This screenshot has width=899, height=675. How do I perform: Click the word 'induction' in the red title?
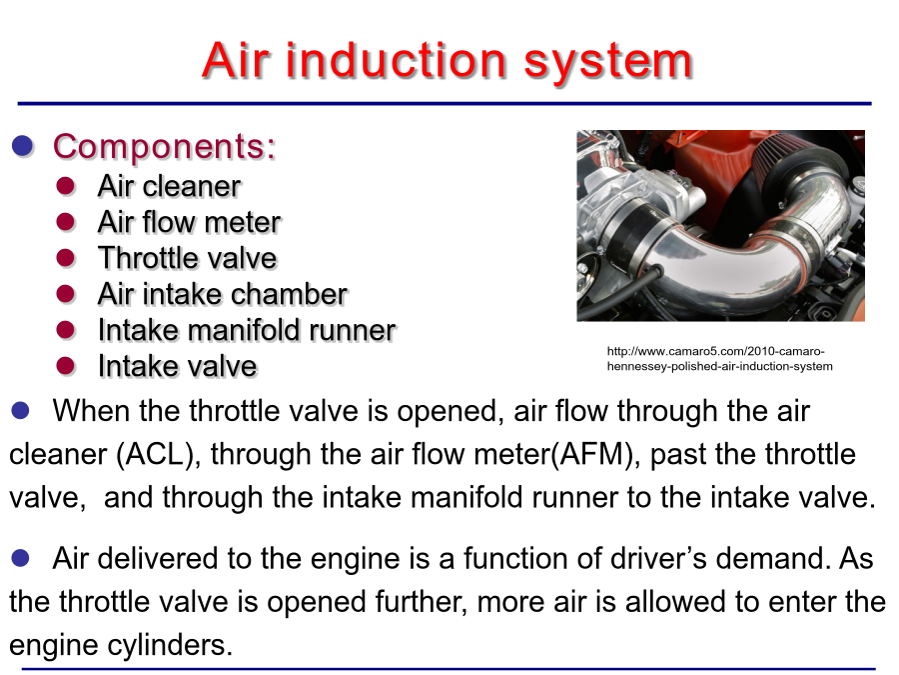tap(397, 60)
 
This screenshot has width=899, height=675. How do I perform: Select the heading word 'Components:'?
tap(165, 146)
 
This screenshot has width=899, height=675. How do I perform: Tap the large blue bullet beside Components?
tap(23, 146)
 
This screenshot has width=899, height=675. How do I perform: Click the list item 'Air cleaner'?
tap(169, 186)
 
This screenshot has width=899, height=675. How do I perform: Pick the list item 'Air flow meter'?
tap(189, 222)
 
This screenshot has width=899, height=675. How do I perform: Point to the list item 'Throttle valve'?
tap(188, 258)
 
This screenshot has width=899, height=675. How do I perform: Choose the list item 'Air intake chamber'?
tap(223, 294)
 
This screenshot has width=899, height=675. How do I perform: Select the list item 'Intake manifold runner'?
tap(247, 330)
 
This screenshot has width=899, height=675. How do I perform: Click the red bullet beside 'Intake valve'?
tap(66, 366)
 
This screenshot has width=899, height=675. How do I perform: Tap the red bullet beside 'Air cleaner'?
tap(66, 186)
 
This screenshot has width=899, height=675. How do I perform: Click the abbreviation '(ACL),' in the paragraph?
tap(158, 455)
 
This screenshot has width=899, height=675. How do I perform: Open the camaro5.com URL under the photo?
tap(719, 359)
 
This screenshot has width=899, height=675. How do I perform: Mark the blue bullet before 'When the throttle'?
tap(21, 410)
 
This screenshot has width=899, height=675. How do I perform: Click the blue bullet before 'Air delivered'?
tap(21, 558)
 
